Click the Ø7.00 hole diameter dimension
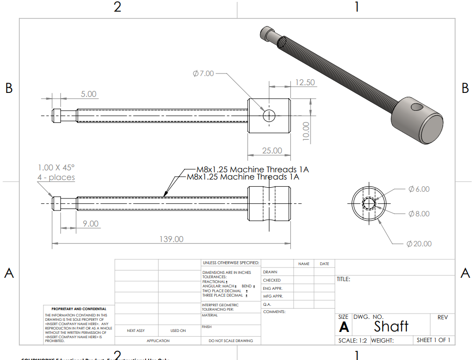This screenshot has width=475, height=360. [203, 74]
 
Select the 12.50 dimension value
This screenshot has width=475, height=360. [305, 82]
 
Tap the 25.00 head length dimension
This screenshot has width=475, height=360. [272, 150]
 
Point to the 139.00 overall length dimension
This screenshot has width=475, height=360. [172, 239]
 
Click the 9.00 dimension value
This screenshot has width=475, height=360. [90, 224]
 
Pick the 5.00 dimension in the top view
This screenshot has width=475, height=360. [88, 94]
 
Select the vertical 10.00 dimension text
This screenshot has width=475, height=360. [305, 130]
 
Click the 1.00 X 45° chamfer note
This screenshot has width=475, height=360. [56, 167]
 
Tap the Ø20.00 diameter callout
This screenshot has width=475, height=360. [419, 243]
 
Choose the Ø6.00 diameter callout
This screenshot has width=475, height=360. [419, 189]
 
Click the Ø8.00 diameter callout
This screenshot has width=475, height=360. [419, 213]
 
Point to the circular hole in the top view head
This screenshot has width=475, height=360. [269, 116]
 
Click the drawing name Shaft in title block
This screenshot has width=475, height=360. [391, 326]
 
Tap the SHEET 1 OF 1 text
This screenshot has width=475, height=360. [433, 340]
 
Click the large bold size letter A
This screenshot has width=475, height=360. [344, 327]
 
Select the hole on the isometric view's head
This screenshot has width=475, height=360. [415, 105]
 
